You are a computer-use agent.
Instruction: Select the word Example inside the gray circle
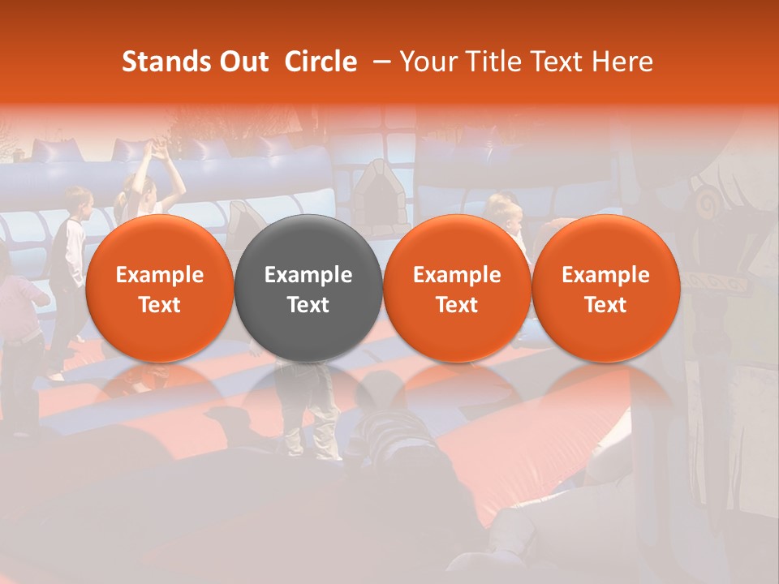coord(308,275)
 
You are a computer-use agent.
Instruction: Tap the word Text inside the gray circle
coord(308,305)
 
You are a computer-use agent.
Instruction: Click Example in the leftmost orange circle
coord(160,275)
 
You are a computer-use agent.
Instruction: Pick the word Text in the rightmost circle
coord(605,305)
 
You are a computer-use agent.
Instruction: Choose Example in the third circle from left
coord(457,275)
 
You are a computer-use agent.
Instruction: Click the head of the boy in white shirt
coord(77,201)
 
